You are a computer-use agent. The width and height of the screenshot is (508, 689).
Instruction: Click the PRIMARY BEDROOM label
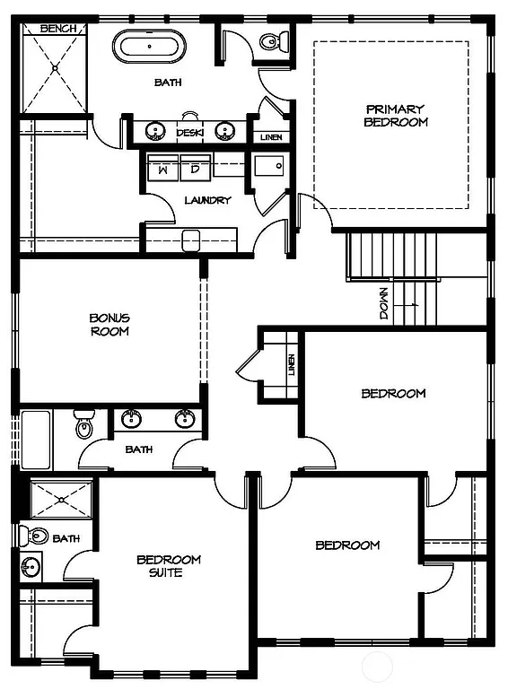[x=395, y=116]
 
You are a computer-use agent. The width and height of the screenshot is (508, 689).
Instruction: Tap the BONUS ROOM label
[x=109, y=324]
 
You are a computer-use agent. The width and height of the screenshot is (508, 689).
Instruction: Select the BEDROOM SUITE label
[x=169, y=566]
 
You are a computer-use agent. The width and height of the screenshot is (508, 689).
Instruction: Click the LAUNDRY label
[x=207, y=200]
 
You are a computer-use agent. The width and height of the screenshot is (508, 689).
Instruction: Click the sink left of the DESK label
[x=156, y=131]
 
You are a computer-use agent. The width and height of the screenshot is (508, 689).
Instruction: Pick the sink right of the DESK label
[x=226, y=131]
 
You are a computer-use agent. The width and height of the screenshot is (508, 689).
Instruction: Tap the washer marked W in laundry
[x=163, y=168]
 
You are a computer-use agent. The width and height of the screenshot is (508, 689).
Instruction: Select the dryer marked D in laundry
[x=195, y=168]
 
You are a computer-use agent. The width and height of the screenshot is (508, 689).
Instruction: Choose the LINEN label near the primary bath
[x=270, y=137]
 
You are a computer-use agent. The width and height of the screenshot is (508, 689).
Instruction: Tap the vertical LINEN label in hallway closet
[x=291, y=365]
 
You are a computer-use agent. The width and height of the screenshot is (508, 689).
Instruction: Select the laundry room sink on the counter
[x=190, y=239]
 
